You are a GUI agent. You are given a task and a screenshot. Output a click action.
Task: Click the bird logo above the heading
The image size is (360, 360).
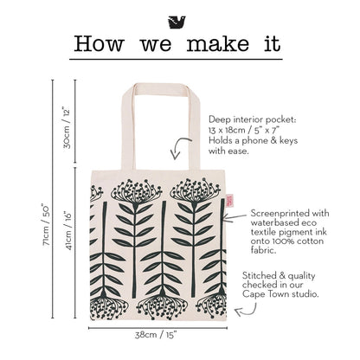(x=177, y=22)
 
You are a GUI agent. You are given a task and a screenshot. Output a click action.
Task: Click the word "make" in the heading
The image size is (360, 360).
(x=218, y=44)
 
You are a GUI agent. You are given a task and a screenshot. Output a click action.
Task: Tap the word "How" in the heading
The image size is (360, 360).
(x=99, y=44)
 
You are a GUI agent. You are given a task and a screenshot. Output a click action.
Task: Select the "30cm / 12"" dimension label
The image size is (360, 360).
(x=67, y=129)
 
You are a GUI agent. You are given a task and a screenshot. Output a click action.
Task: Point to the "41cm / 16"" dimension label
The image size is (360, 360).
(x=67, y=231)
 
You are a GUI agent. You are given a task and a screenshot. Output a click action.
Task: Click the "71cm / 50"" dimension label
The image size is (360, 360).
(x=46, y=225)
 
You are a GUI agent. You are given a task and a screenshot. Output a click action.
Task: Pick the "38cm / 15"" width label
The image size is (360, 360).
(x=156, y=335)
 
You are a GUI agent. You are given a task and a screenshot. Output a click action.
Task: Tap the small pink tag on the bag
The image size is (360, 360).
(x=230, y=200)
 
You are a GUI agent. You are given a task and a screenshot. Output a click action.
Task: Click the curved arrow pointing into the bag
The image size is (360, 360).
(x=179, y=147)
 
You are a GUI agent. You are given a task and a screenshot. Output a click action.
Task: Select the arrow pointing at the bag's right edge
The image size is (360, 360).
(x=235, y=218)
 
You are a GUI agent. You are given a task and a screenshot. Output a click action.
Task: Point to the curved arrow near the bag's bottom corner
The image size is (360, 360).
(x=246, y=311)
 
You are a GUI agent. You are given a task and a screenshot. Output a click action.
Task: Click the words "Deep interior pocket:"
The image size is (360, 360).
(x=253, y=119)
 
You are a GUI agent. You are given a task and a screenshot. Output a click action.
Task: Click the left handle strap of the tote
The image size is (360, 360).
(x=128, y=127)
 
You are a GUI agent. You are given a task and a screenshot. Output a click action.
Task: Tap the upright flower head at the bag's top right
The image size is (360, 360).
(x=195, y=190)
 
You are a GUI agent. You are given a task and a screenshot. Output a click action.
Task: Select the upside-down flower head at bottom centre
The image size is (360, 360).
(x=162, y=306)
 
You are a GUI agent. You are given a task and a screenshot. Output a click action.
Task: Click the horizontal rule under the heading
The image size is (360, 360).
(x=176, y=60)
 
